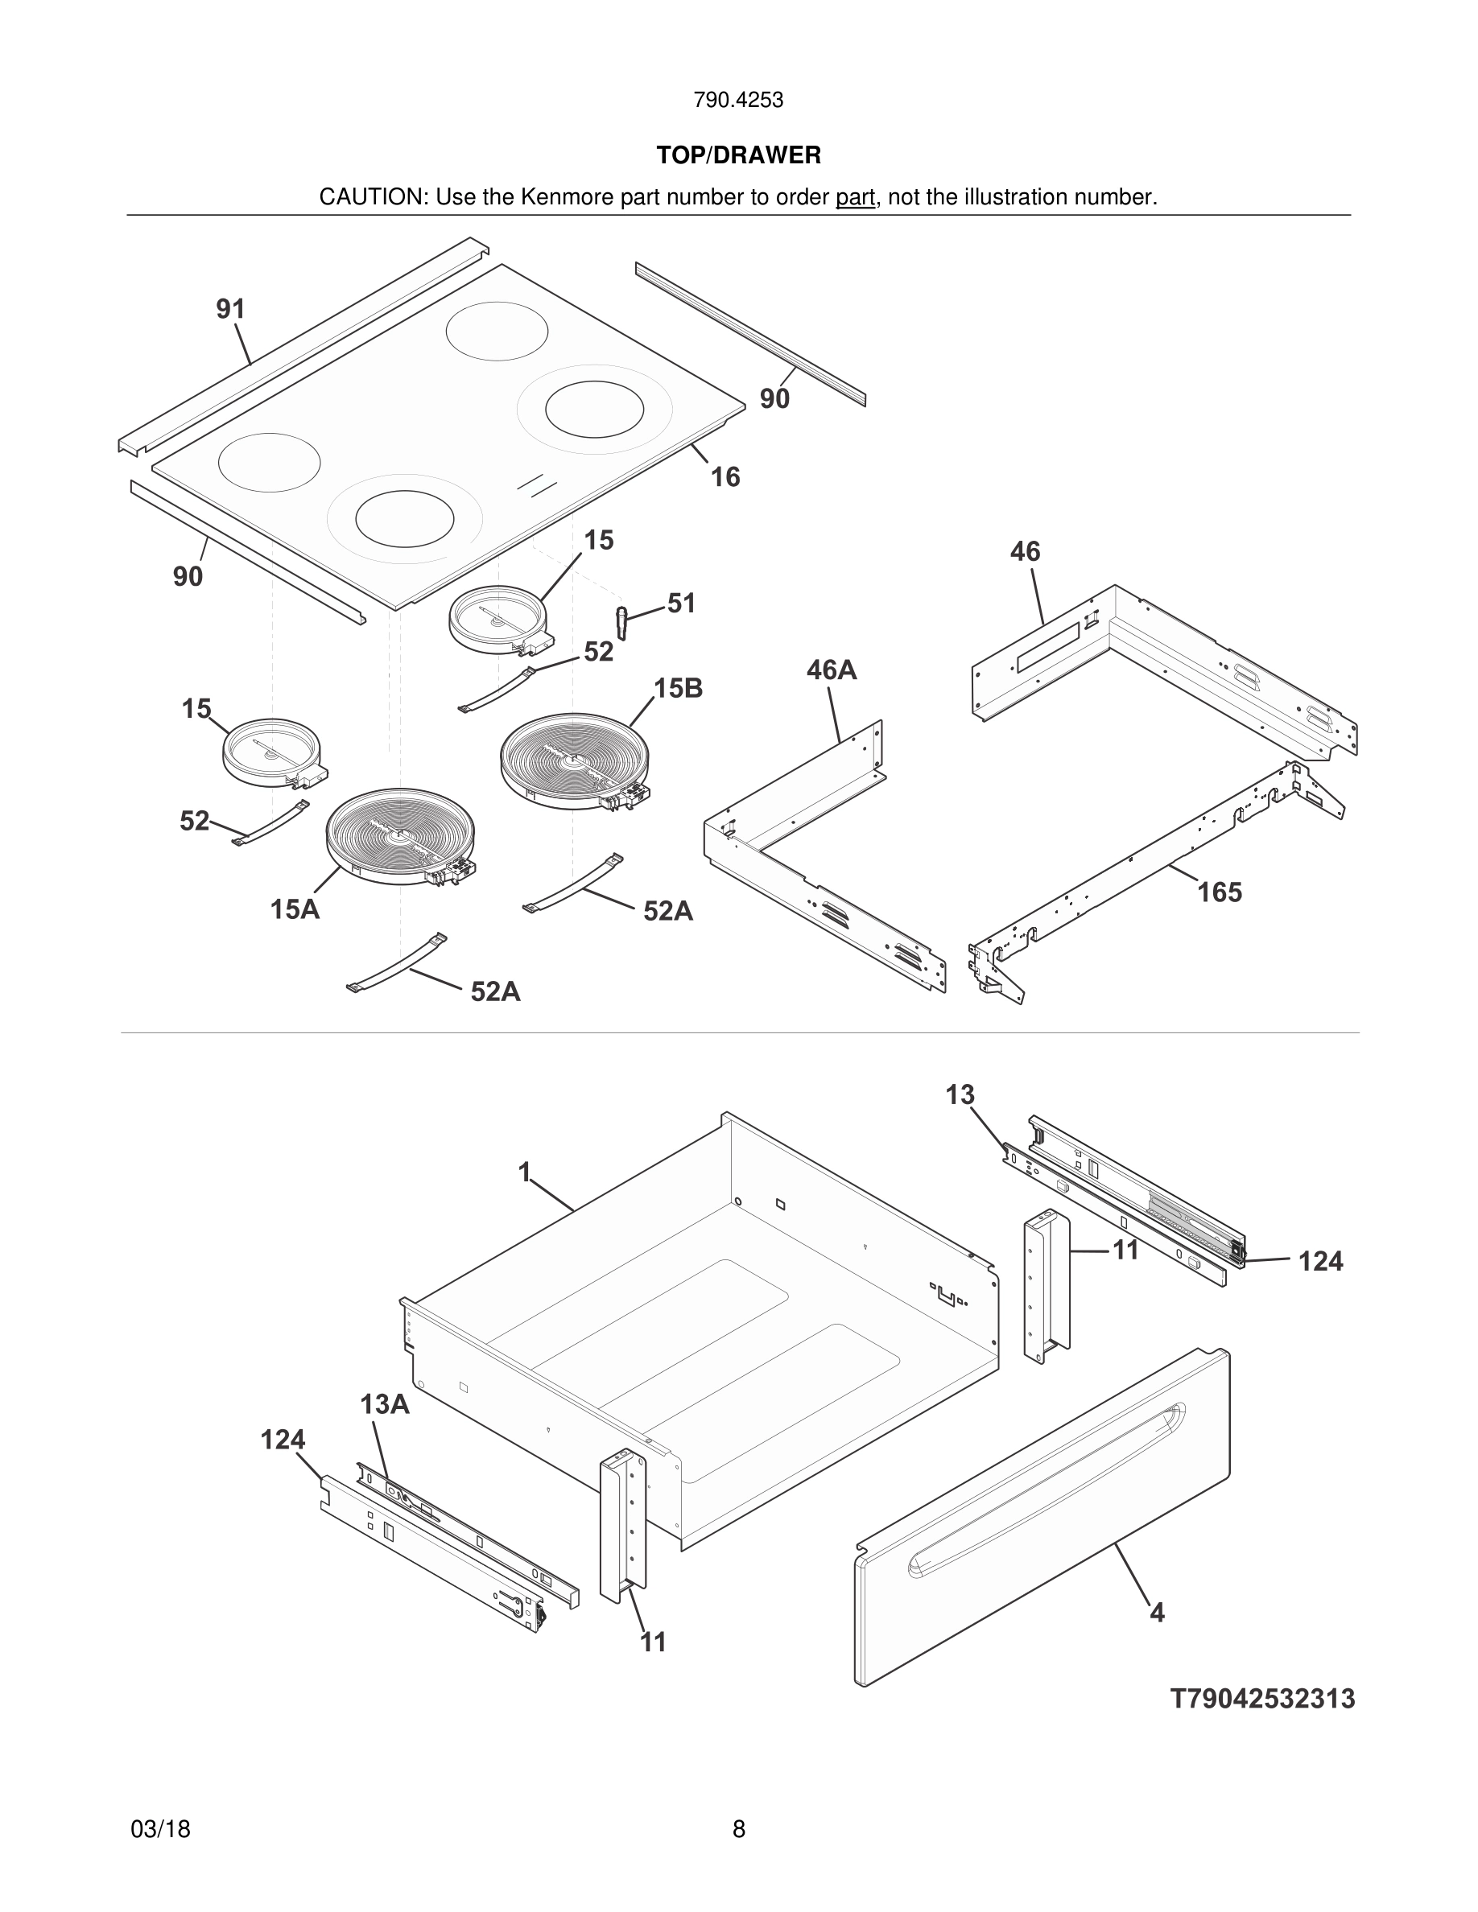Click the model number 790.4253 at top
[738, 100]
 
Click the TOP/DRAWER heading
[738, 156]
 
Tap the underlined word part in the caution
[855, 198]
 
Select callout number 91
[230, 309]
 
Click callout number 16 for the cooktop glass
[725, 477]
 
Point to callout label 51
[681, 604]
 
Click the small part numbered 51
[621, 620]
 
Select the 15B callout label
[678, 688]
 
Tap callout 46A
[831, 670]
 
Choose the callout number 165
[1219, 892]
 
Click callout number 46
[1025, 551]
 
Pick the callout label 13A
[384, 1404]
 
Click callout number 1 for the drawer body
[525, 1172]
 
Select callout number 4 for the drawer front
[1157, 1613]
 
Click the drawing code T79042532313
[1261, 1699]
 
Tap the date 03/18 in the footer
[160, 1829]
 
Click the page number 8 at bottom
[738, 1829]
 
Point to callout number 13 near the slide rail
[960, 1095]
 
